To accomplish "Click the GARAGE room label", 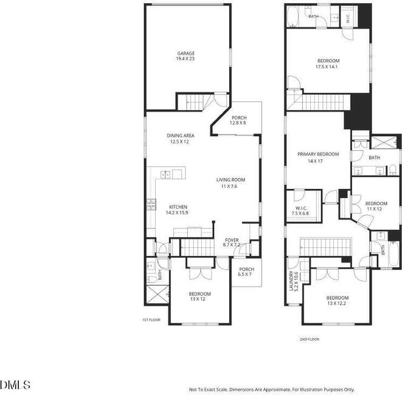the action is coord(186,53).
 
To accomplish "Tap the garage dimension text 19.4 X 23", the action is coord(185,59).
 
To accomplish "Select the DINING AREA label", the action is coord(181,136).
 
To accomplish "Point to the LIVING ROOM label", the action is coord(230,180).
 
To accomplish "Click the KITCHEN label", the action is coord(178,207).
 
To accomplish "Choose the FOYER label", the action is coord(232,240).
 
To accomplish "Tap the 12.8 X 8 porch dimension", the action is coord(238,123).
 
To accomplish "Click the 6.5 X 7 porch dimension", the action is coord(245,274).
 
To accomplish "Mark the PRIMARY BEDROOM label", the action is coord(318,154).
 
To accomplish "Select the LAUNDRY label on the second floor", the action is coord(291,281).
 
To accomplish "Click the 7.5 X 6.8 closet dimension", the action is coord(300,213).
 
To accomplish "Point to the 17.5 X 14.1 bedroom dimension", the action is coord(327,67).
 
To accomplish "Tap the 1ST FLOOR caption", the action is coord(151,320).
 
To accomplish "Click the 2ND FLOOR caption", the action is coord(310,339).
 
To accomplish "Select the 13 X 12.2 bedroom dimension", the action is coord(336,304).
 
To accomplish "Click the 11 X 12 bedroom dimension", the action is coord(374,209).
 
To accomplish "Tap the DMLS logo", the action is coord(15,385).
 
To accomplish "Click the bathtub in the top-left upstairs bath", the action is coord(293,16).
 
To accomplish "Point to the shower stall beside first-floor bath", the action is coord(158,294).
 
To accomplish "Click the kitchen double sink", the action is coord(165,175).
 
